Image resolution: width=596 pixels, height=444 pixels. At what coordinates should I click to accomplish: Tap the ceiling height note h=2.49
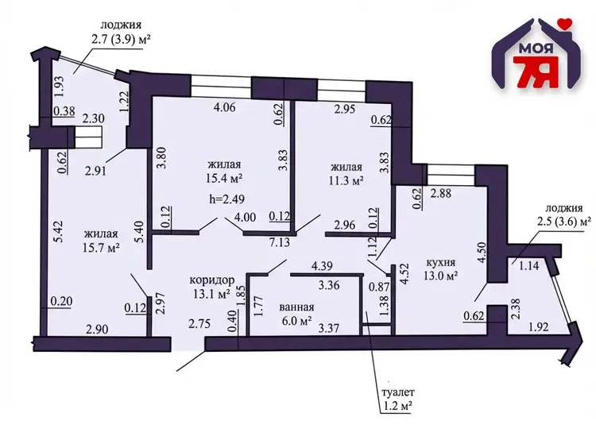point(227,199)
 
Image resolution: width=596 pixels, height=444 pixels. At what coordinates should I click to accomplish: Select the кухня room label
point(440,262)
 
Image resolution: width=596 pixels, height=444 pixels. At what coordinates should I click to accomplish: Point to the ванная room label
point(296,307)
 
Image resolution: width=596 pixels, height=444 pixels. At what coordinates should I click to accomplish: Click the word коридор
point(211,280)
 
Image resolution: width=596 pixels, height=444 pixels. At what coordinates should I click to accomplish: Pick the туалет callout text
point(396,392)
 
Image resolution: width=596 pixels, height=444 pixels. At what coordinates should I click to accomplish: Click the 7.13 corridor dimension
point(280,242)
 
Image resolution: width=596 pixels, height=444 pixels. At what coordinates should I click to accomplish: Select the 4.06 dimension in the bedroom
point(225,107)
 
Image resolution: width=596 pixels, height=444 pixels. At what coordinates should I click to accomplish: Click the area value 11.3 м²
point(346,180)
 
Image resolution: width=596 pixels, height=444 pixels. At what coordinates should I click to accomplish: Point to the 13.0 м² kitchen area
point(440,276)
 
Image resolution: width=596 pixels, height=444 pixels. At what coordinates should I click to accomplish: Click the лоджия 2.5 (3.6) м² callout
point(564,215)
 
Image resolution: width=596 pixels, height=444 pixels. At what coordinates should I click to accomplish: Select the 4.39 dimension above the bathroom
point(322,266)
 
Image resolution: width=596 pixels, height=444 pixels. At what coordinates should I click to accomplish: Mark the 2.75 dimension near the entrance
point(199,323)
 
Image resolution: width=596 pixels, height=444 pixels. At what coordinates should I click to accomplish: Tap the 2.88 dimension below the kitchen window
point(440,193)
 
